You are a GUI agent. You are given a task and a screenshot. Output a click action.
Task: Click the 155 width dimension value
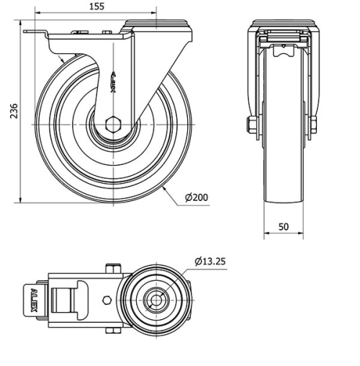pos(97,6)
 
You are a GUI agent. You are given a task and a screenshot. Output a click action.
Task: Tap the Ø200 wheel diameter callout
pos(197,197)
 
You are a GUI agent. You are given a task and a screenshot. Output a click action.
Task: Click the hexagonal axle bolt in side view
pos(114,124)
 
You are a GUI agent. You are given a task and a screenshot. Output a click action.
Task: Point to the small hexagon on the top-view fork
pos(107,299)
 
